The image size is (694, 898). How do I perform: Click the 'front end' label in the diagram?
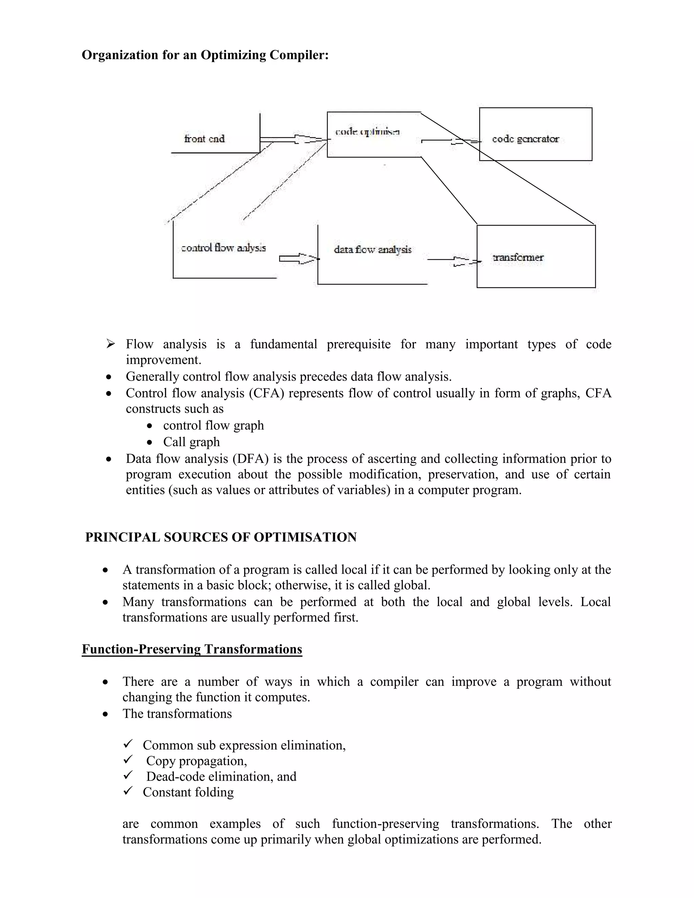click(204, 139)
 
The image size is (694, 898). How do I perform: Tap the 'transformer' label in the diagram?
click(518, 258)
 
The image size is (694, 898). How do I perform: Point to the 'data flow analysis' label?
click(372, 250)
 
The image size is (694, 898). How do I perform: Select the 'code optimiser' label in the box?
click(367, 131)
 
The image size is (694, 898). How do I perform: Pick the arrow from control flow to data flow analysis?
click(299, 259)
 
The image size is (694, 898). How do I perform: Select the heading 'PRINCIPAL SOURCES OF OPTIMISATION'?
click(221, 537)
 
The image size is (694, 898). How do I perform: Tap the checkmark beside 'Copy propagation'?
click(128, 759)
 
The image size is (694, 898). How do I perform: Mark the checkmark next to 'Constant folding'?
click(128, 791)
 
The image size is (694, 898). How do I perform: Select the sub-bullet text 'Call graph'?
click(191, 442)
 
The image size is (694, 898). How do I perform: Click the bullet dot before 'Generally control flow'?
click(108, 376)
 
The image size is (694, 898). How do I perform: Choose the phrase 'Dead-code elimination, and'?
click(221, 776)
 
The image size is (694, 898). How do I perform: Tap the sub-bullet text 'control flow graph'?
click(213, 425)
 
